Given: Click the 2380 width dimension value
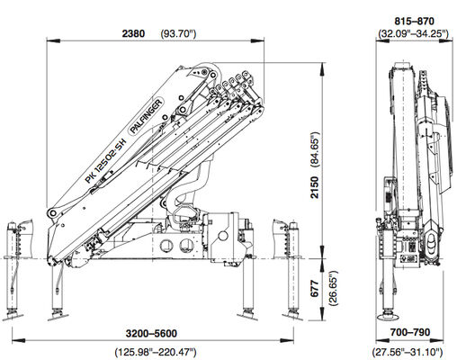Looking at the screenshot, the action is [133, 33].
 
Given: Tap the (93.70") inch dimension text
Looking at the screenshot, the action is [178, 33].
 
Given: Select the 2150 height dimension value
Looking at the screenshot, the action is [315, 187].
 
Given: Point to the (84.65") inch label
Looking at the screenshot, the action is [315, 148].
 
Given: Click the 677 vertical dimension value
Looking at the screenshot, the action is [315, 289].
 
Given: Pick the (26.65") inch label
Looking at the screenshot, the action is [333, 288].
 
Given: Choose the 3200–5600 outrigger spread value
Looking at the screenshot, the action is [151, 333].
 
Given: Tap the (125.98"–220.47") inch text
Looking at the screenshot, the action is [156, 352].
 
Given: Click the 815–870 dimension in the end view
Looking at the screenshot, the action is [414, 22].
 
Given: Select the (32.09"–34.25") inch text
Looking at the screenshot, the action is [414, 33].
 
